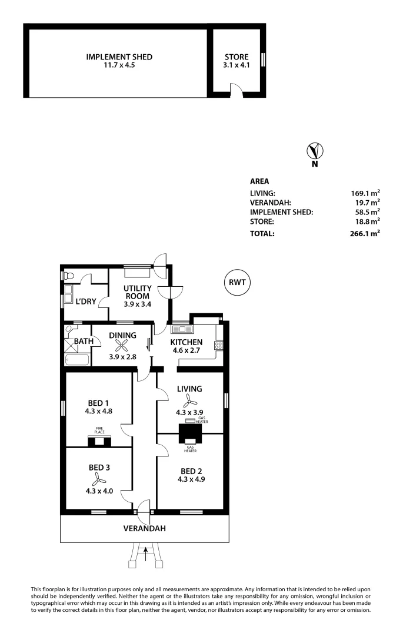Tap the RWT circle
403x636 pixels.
(x=237, y=283)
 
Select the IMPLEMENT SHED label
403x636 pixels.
(x=119, y=57)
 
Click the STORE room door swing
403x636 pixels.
(x=235, y=90)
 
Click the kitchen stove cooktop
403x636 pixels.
(x=218, y=344)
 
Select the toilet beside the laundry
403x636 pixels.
(x=69, y=275)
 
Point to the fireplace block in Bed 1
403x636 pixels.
(x=99, y=441)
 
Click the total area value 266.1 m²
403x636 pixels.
(x=365, y=233)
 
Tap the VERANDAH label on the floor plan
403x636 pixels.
(x=144, y=529)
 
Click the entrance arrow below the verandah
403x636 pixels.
(x=146, y=552)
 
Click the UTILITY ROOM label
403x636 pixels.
(x=137, y=292)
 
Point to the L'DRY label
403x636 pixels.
(x=86, y=301)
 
